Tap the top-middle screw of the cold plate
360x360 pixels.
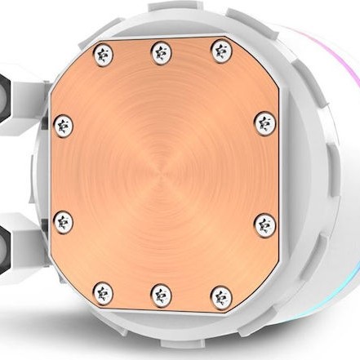tap(160, 54)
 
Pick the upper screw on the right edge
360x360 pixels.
tap(262, 124)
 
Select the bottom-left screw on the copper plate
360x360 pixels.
tap(103, 291)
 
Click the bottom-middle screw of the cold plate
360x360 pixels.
tap(160, 291)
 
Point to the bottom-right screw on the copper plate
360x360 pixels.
tap(218, 291)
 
